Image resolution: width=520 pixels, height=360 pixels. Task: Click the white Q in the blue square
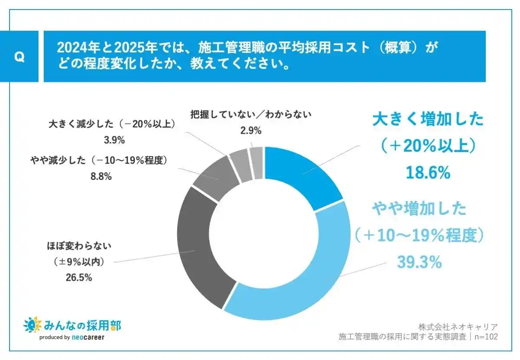point(19,57)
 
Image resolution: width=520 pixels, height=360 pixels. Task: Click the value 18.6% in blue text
point(428,173)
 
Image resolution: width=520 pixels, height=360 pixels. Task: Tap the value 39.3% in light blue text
point(419,262)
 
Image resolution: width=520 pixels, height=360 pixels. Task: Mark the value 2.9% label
point(250,130)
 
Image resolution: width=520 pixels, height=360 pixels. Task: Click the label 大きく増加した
point(428,120)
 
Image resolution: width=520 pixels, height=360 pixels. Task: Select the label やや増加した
point(419,209)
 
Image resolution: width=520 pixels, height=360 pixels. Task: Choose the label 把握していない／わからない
point(251,115)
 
